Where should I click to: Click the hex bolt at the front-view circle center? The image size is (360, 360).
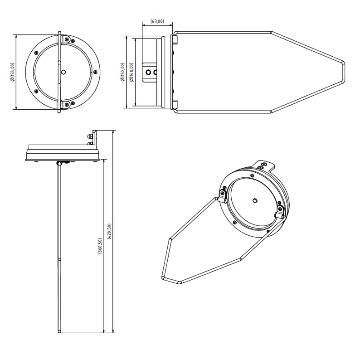63,72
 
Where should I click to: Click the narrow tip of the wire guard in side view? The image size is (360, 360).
344,72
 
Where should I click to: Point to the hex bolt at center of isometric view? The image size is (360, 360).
254,201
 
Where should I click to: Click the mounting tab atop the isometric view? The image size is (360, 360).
263,165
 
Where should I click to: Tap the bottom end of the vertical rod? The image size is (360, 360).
60,331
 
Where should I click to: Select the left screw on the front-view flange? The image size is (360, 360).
36,53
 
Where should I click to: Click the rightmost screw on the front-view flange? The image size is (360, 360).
96,72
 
